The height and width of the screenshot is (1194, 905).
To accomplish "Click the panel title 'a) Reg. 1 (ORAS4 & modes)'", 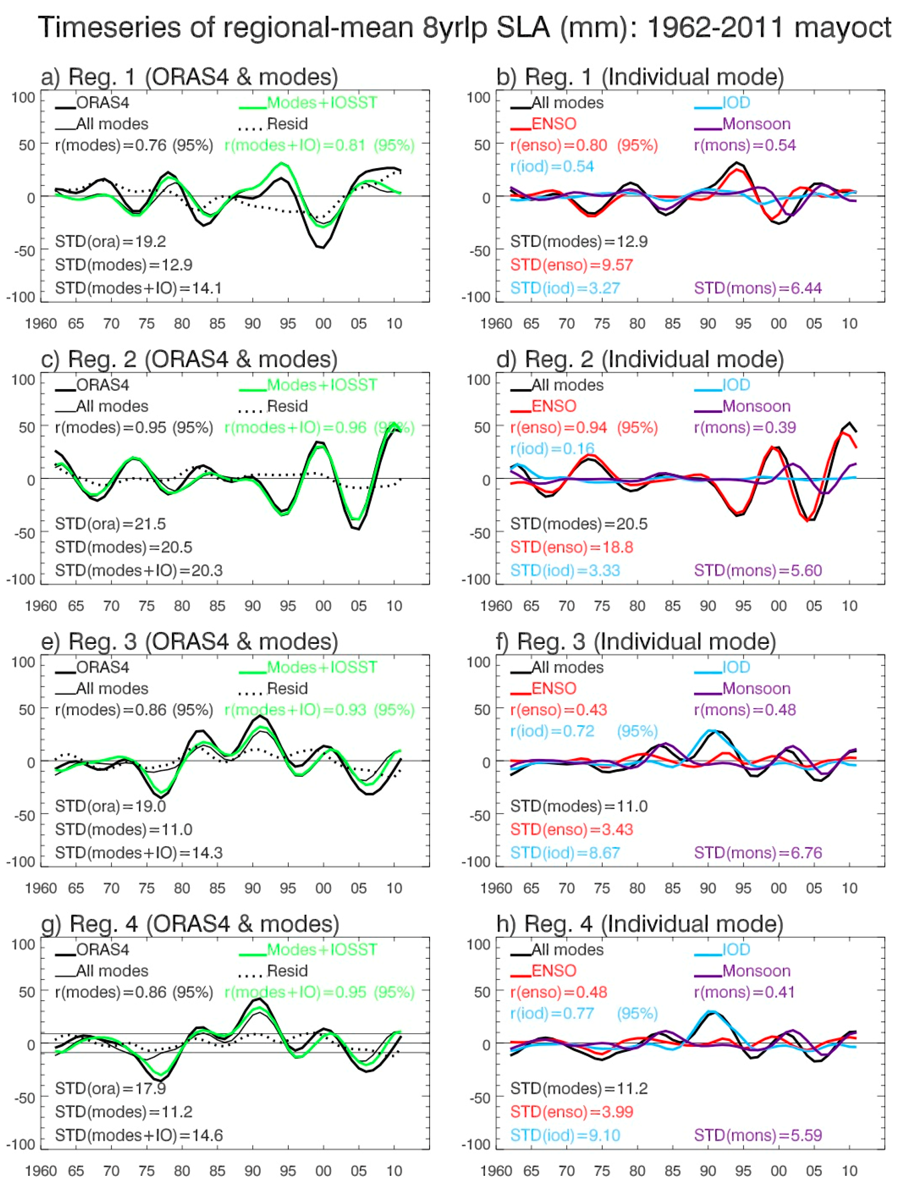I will [189, 77].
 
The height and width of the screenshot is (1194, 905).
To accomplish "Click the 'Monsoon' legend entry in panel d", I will [756, 407].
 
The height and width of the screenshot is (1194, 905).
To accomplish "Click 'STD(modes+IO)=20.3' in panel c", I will [138, 570].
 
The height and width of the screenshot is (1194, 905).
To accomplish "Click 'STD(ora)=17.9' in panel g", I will [110, 1088].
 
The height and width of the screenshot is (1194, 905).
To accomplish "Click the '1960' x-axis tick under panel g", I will [41, 1171].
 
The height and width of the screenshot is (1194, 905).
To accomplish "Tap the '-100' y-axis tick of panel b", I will [474, 297].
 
